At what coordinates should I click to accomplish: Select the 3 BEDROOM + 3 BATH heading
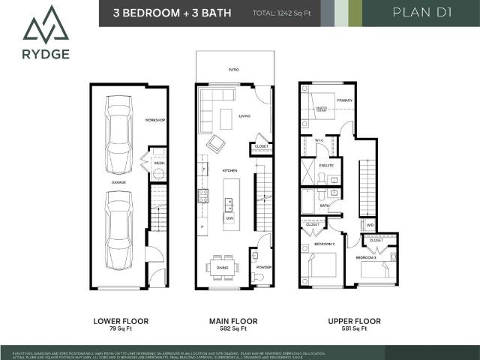(172, 13)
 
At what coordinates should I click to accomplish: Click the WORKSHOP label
(155, 120)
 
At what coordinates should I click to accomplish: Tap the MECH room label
(159, 162)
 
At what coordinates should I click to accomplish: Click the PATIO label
(234, 69)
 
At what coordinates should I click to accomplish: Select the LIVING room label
(244, 116)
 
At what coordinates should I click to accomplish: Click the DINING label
(222, 266)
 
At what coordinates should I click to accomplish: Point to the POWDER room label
(262, 267)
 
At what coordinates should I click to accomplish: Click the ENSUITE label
(326, 165)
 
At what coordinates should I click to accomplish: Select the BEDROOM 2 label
(324, 244)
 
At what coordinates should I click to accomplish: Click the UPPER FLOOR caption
(354, 321)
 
